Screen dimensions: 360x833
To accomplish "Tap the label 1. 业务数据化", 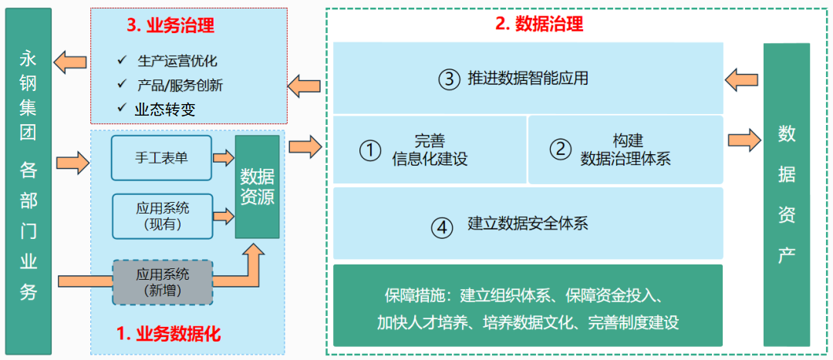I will click(168, 334).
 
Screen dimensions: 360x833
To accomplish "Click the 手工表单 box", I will click(162, 157).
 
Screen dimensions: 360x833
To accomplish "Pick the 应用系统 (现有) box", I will click(162, 215).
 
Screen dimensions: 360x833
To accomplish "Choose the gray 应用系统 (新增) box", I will click(162, 281).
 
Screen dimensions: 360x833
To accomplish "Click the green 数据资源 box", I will click(257, 186).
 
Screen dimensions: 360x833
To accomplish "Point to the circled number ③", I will click(447, 79).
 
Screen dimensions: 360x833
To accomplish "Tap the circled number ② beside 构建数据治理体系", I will click(560, 150).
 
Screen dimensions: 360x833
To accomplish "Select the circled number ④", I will click(441, 226).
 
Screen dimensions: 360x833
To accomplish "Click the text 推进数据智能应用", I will click(528, 79).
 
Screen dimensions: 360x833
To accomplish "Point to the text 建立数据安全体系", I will click(528, 225).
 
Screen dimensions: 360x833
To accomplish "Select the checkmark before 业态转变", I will click(121, 109).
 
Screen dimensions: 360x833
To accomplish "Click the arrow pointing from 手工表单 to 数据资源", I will click(224, 157).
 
